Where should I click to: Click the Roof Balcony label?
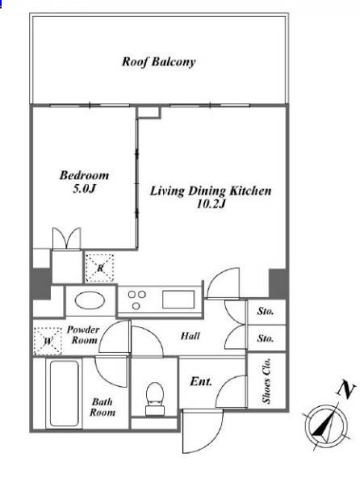point(159,61)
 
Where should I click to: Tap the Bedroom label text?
point(84,175)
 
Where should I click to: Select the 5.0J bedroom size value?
point(84,189)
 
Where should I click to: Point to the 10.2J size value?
point(211,204)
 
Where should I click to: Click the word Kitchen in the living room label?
point(250,191)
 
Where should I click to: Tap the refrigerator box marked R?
point(100,268)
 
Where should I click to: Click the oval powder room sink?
point(90,300)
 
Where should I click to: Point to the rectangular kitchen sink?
point(178,300)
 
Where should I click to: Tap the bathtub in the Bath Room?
point(64,393)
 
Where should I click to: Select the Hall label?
point(190,336)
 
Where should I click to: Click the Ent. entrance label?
point(201,382)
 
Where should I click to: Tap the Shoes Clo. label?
point(267,380)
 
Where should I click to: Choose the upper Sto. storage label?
point(266,311)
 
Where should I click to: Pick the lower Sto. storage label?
point(266,338)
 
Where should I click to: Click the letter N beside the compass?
point(346,390)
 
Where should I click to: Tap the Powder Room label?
point(83,334)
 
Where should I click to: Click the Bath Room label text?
point(102,407)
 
